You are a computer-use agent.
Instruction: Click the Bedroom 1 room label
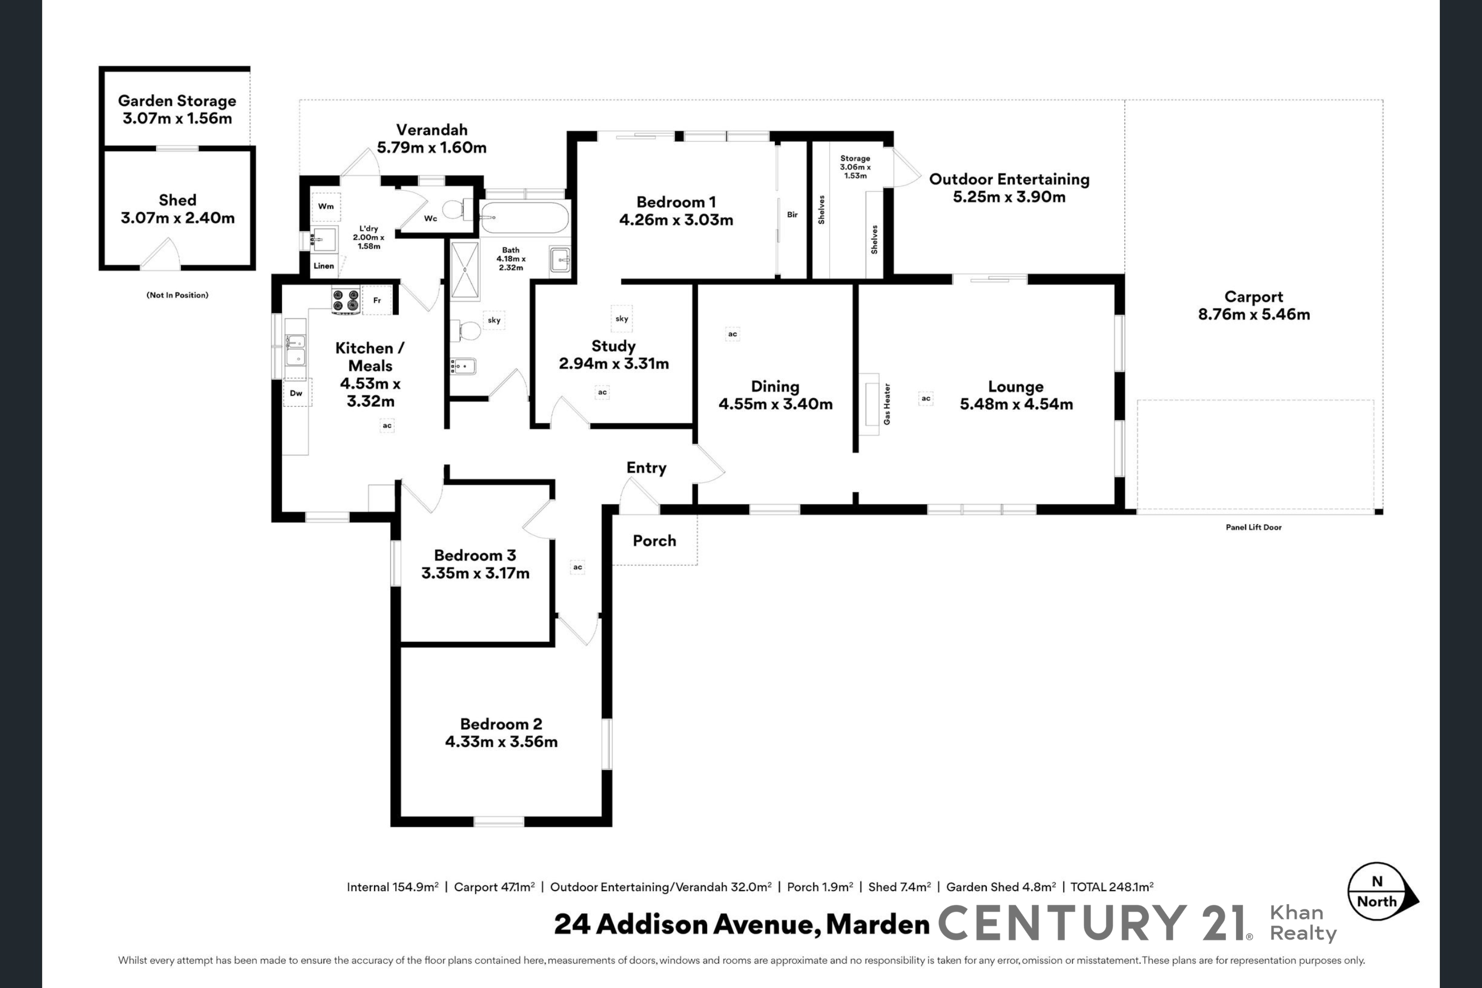[x=676, y=202]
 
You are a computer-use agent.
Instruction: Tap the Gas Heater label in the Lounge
[x=887, y=404]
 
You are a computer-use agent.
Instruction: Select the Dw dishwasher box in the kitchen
[x=296, y=393]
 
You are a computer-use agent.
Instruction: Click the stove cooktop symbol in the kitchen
[x=346, y=300]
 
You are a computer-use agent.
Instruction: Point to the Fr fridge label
[x=377, y=300]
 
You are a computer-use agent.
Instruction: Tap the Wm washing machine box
[x=326, y=207]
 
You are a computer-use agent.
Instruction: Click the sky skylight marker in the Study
[x=622, y=318]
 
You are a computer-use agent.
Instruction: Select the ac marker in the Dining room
[x=732, y=334]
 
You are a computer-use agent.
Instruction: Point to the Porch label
[x=654, y=541]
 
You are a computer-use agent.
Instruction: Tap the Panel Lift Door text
[x=1253, y=527]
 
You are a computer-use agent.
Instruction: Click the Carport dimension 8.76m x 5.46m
[x=1254, y=315]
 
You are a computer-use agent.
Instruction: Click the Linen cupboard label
[x=323, y=266]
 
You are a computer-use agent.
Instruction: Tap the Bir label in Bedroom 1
[x=792, y=215]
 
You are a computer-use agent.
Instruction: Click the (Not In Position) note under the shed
[x=177, y=295]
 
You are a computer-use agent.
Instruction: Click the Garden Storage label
[x=177, y=101]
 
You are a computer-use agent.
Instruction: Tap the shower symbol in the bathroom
[x=465, y=270]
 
